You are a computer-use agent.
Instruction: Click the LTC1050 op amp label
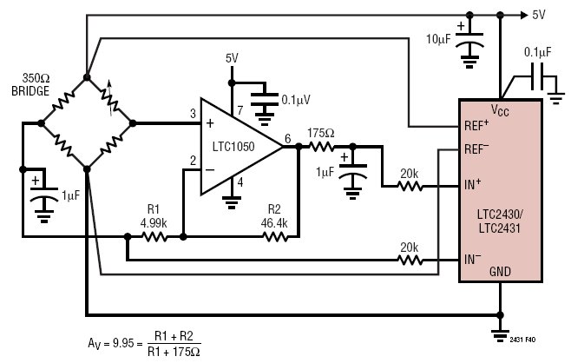pos(233,147)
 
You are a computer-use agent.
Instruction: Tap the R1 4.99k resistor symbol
pos(154,237)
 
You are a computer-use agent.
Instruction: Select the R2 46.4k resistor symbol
pos(275,237)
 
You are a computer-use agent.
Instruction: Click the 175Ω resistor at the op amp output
pos(322,147)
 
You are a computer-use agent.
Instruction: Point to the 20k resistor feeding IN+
pos(410,187)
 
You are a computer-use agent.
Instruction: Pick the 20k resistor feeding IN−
pos(410,261)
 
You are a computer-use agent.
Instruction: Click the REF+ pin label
pos(476,125)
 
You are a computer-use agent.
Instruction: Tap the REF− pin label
pos(476,148)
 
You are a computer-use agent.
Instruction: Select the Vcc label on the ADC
pos(500,109)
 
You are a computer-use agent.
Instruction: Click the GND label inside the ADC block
pos(500,272)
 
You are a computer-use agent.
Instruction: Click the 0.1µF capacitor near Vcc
pos(537,76)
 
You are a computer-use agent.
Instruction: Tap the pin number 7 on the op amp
pos(240,110)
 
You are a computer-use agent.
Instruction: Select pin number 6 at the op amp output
pos(288,138)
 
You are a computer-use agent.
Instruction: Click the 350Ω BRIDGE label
pos(30,84)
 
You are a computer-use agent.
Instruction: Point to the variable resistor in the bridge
pos(109,100)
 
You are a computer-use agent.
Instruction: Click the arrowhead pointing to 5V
pos(524,15)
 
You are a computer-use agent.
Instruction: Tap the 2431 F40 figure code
pos(522,340)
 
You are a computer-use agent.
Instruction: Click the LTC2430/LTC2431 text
pos(500,221)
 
